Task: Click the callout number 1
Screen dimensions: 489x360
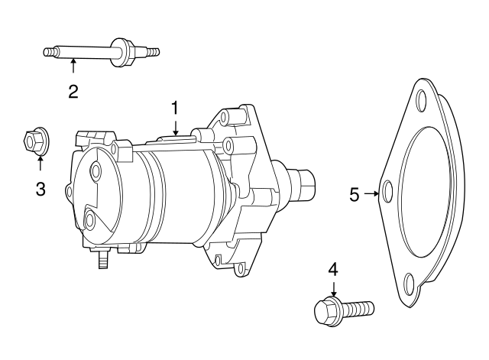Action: pyautogui.click(x=175, y=108)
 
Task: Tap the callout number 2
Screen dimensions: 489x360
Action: pyautogui.click(x=73, y=92)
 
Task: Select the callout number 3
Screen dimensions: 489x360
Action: pyautogui.click(x=40, y=189)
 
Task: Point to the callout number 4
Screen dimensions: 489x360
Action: pyautogui.click(x=333, y=270)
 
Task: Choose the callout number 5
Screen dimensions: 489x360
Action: pyautogui.click(x=355, y=195)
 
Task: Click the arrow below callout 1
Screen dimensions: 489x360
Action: pyautogui.click(x=176, y=128)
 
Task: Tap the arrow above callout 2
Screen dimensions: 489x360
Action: pyautogui.click(x=73, y=66)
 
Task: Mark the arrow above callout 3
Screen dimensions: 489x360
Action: pyautogui.click(x=40, y=163)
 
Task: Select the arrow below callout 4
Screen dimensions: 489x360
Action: pyautogui.click(x=334, y=289)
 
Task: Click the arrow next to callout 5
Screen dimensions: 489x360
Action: pyautogui.click(x=371, y=193)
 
